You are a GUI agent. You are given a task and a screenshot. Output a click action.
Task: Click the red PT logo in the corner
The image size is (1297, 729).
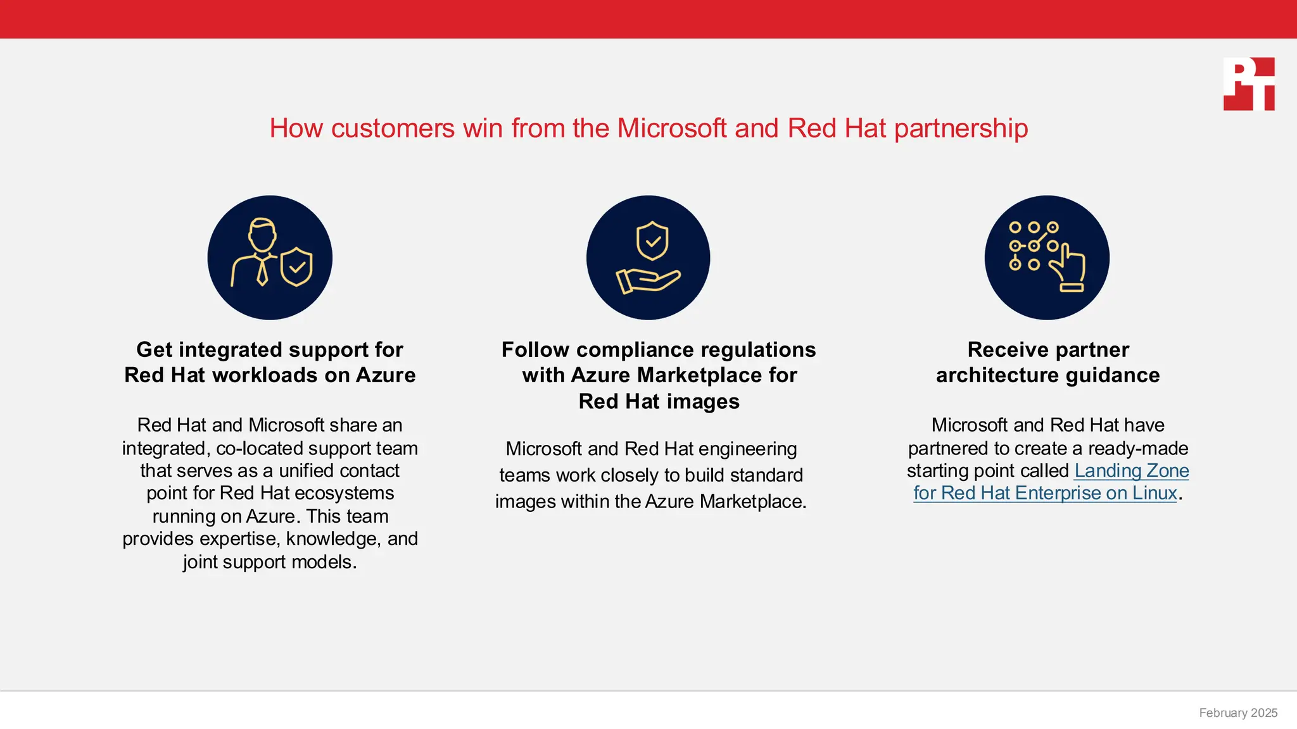tap(1248, 84)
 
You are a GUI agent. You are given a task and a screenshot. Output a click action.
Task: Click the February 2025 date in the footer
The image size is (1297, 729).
tap(1238, 713)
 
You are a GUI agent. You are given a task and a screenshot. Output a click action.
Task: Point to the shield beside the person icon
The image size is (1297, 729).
tap(296, 266)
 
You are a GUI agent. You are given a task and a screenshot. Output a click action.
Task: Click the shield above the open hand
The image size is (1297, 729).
tap(652, 240)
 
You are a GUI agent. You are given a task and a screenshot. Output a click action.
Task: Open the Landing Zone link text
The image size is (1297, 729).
tap(1131, 471)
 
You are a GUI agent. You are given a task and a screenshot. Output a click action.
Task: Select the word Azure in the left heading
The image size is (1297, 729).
tap(386, 375)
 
